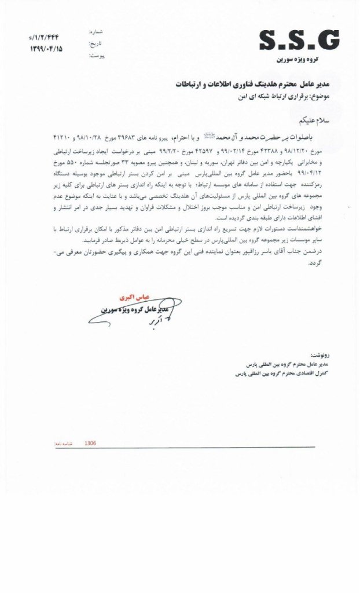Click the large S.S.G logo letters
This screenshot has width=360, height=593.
[x=298, y=41]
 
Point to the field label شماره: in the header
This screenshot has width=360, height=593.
[x=96, y=34]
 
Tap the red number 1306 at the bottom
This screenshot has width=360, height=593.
[x=90, y=443]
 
